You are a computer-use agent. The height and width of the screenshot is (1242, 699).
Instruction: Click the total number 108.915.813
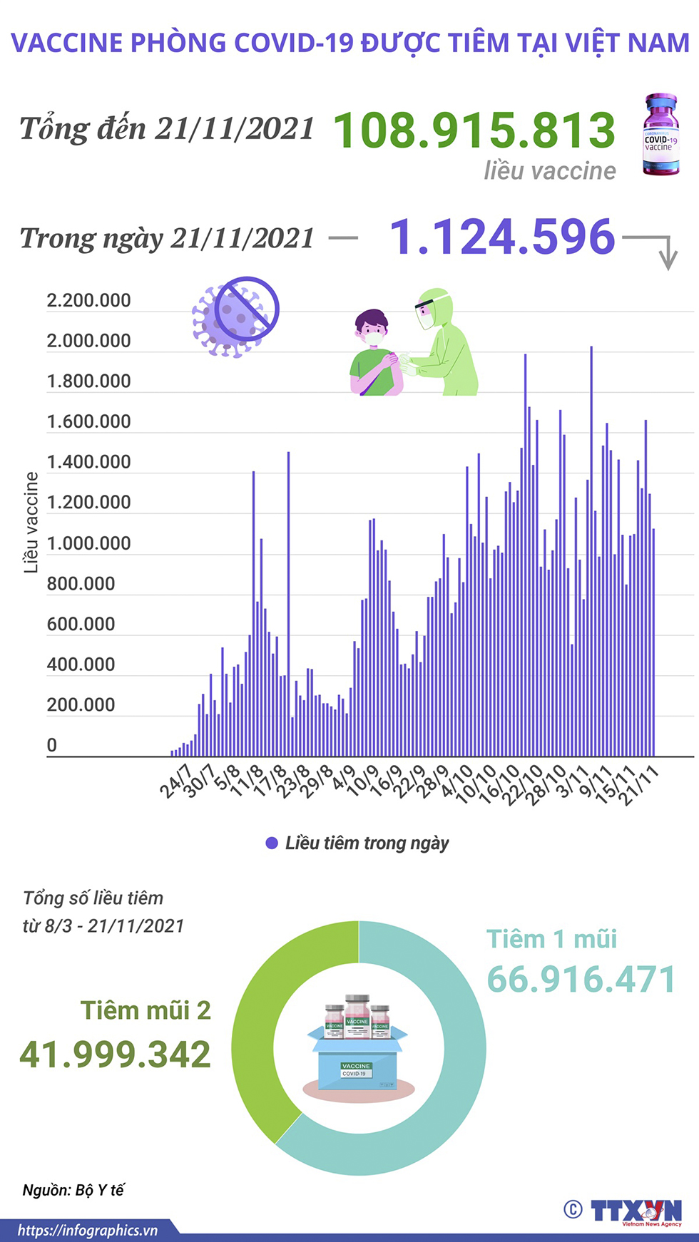[x=474, y=130]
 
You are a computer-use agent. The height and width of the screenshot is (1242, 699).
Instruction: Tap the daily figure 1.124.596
[x=502, y=237]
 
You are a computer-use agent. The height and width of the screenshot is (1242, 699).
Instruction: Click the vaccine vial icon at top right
[x=660, y=135]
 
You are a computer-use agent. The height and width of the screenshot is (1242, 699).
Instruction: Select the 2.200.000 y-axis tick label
[x=88, y=301]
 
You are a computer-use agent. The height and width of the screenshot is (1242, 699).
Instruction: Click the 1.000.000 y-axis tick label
[x=88, y=543]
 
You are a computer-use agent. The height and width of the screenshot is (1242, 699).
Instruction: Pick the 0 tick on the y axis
[x=51, y=746]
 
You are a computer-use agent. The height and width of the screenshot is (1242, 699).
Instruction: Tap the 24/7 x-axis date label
[x=175, y=781]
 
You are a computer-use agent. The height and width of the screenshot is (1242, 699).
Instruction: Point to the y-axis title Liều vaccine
[x=31, y=522]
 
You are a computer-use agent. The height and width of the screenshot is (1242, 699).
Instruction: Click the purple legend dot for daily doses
[x=271, y=843]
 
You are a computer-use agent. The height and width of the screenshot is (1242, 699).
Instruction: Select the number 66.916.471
[x=581, y=980]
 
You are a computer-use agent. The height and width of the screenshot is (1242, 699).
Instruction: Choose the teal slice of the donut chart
[x=456, y=1069]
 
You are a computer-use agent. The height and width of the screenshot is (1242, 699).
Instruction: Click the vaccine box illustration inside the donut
[x=359, y=1045]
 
